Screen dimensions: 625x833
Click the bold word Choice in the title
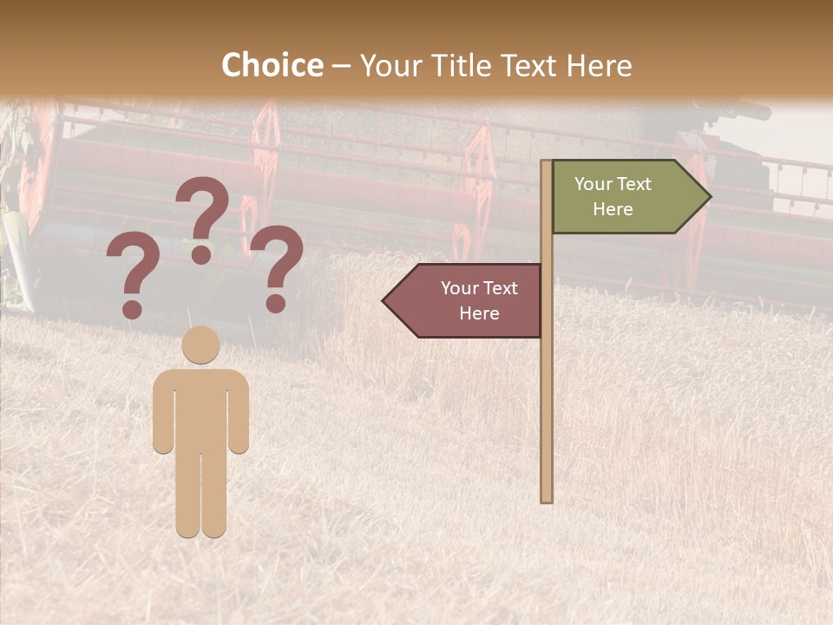[x=272, y=65]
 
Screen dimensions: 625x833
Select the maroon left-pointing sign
[x=469, y=300]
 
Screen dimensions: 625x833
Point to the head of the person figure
[x=200, y=345]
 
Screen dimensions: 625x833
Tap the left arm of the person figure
[x=163, y=417]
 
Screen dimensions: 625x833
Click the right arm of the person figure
[x=239, y=417]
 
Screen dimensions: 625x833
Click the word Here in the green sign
[x=613, y=209]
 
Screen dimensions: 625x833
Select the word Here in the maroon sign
[x=479, y=313]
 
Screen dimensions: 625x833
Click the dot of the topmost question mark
[x=201, y=254]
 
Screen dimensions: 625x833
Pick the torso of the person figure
[x=201, y=404]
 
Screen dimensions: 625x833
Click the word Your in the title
[x=388, y=65]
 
